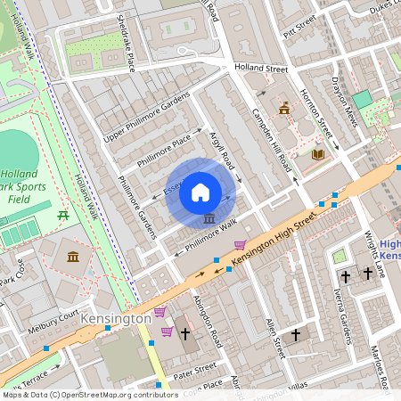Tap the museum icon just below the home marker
[x=208, y=219]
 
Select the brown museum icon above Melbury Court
[x=71, y=258]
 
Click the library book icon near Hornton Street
[x=316, y=154]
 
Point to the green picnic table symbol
[x=63, y=215]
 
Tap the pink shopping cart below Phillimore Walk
[x=239, y=245]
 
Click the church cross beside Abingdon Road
[x=185, y=334]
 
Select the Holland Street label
[x=261, y=68]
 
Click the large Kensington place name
[x=115, y=318]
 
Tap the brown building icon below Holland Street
[x=284, y=109]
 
